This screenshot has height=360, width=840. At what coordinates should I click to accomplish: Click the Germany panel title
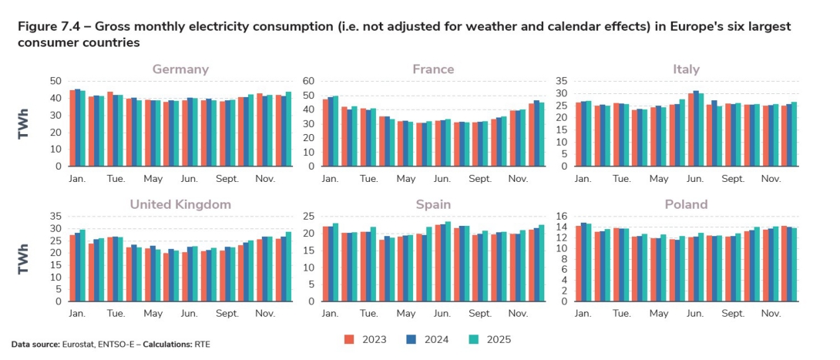coord(180,69)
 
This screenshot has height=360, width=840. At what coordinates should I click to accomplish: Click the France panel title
coord(433,69)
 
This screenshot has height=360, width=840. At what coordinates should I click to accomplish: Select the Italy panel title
coord(686,69)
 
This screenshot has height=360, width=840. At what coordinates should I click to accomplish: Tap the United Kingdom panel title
coord(180,205)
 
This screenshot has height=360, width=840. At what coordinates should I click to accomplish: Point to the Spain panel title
coord(433,205)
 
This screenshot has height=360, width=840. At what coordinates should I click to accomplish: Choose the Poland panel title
coord(686,205)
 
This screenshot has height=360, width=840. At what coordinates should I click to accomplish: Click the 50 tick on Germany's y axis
coord(55,81)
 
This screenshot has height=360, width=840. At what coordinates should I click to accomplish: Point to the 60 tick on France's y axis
coord(309,81)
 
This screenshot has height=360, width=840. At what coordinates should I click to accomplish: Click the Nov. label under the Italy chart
coord(771,179)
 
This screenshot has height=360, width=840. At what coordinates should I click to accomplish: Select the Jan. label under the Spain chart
coord(330,315)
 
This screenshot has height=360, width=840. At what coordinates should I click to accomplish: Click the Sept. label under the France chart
coord(480,179)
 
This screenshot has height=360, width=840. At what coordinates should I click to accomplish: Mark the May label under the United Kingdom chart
coord(153,315)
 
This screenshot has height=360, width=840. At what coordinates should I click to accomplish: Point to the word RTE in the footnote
coord(202,344)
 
